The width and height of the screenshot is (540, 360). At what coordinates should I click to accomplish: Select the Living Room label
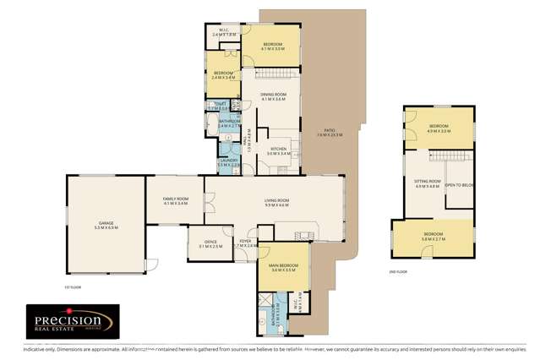276,202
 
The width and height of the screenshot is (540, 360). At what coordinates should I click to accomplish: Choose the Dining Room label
274,96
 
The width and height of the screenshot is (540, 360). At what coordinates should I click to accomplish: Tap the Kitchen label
279,151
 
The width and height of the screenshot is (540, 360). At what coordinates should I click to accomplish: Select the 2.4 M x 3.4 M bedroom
224,75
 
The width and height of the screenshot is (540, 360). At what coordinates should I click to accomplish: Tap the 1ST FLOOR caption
72,286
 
